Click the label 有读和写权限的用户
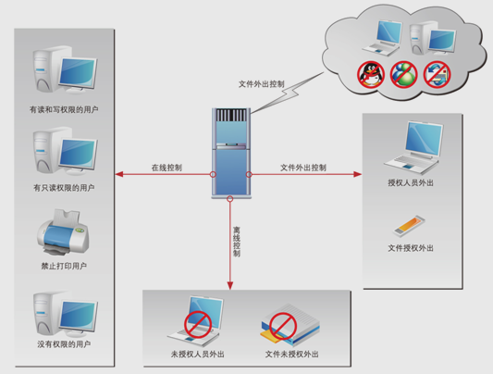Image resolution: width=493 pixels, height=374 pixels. tap(64, 109)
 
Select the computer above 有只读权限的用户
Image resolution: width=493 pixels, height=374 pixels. tap(65, 151)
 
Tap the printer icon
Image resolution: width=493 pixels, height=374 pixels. tap(63, 231)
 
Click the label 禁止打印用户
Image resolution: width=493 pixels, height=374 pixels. tap(64, 266)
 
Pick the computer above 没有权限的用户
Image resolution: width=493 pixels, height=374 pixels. tap(66, 313)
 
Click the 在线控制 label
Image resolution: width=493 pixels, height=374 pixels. tap(166, 168)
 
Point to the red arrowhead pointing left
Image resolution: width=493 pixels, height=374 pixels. tap(119, 174)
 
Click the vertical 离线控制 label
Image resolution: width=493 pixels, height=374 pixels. tap(237, 242)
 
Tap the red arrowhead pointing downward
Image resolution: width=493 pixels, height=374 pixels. tap(230, 286)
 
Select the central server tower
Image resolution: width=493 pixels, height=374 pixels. tap(231, 153)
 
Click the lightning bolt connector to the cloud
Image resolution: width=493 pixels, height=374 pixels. tap(287, 93)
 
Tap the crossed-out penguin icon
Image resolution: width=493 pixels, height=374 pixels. tap(371, 75)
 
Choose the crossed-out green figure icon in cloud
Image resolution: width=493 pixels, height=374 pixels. tap(403, 75)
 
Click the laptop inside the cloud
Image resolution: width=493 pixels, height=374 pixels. tap(382, 37)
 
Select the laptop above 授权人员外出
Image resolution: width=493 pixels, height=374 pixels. tap(413, 147)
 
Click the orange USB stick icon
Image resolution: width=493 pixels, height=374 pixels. tap(409, 226)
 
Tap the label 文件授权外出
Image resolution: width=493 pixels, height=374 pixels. tap(411, 248)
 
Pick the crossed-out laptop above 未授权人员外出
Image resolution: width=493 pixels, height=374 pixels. tap(196, 321)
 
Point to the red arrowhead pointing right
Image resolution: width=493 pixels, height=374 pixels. tap(357, 174)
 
